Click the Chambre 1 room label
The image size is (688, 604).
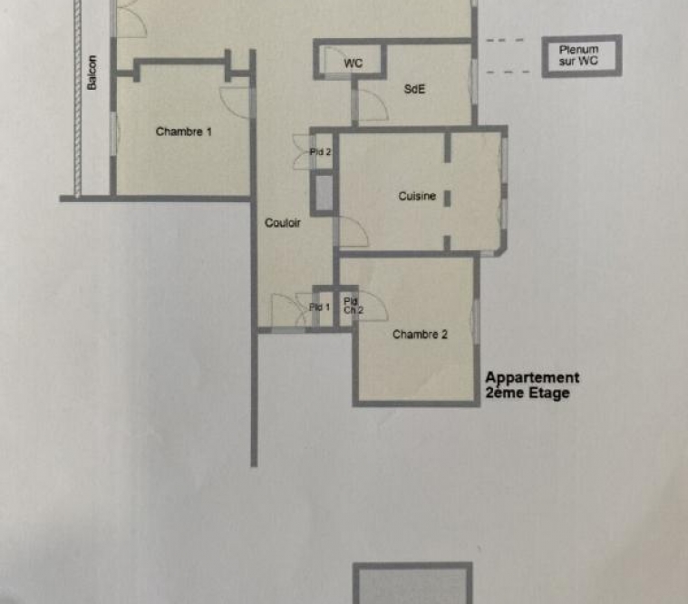coord(183,132)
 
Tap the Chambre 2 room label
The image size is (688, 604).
coord(420,335)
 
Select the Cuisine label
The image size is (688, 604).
coord(417,196)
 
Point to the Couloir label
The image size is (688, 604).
coord(283,222)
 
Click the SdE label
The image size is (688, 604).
coord(414,89)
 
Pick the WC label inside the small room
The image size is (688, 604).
coord(354,63)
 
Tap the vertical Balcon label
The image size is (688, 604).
coord(92,73)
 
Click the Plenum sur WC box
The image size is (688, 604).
coord(582,56)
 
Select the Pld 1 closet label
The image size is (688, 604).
coord(319,307)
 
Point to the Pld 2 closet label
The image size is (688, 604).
coord(320,151)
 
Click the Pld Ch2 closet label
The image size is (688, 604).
coord(354,306)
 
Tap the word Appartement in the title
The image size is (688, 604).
coord(532,378)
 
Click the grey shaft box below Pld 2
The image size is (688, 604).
coord(324,193)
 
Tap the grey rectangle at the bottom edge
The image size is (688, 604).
coord(412,583)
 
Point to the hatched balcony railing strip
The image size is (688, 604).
coord(78,99)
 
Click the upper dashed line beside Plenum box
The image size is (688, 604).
coord(505,41)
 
